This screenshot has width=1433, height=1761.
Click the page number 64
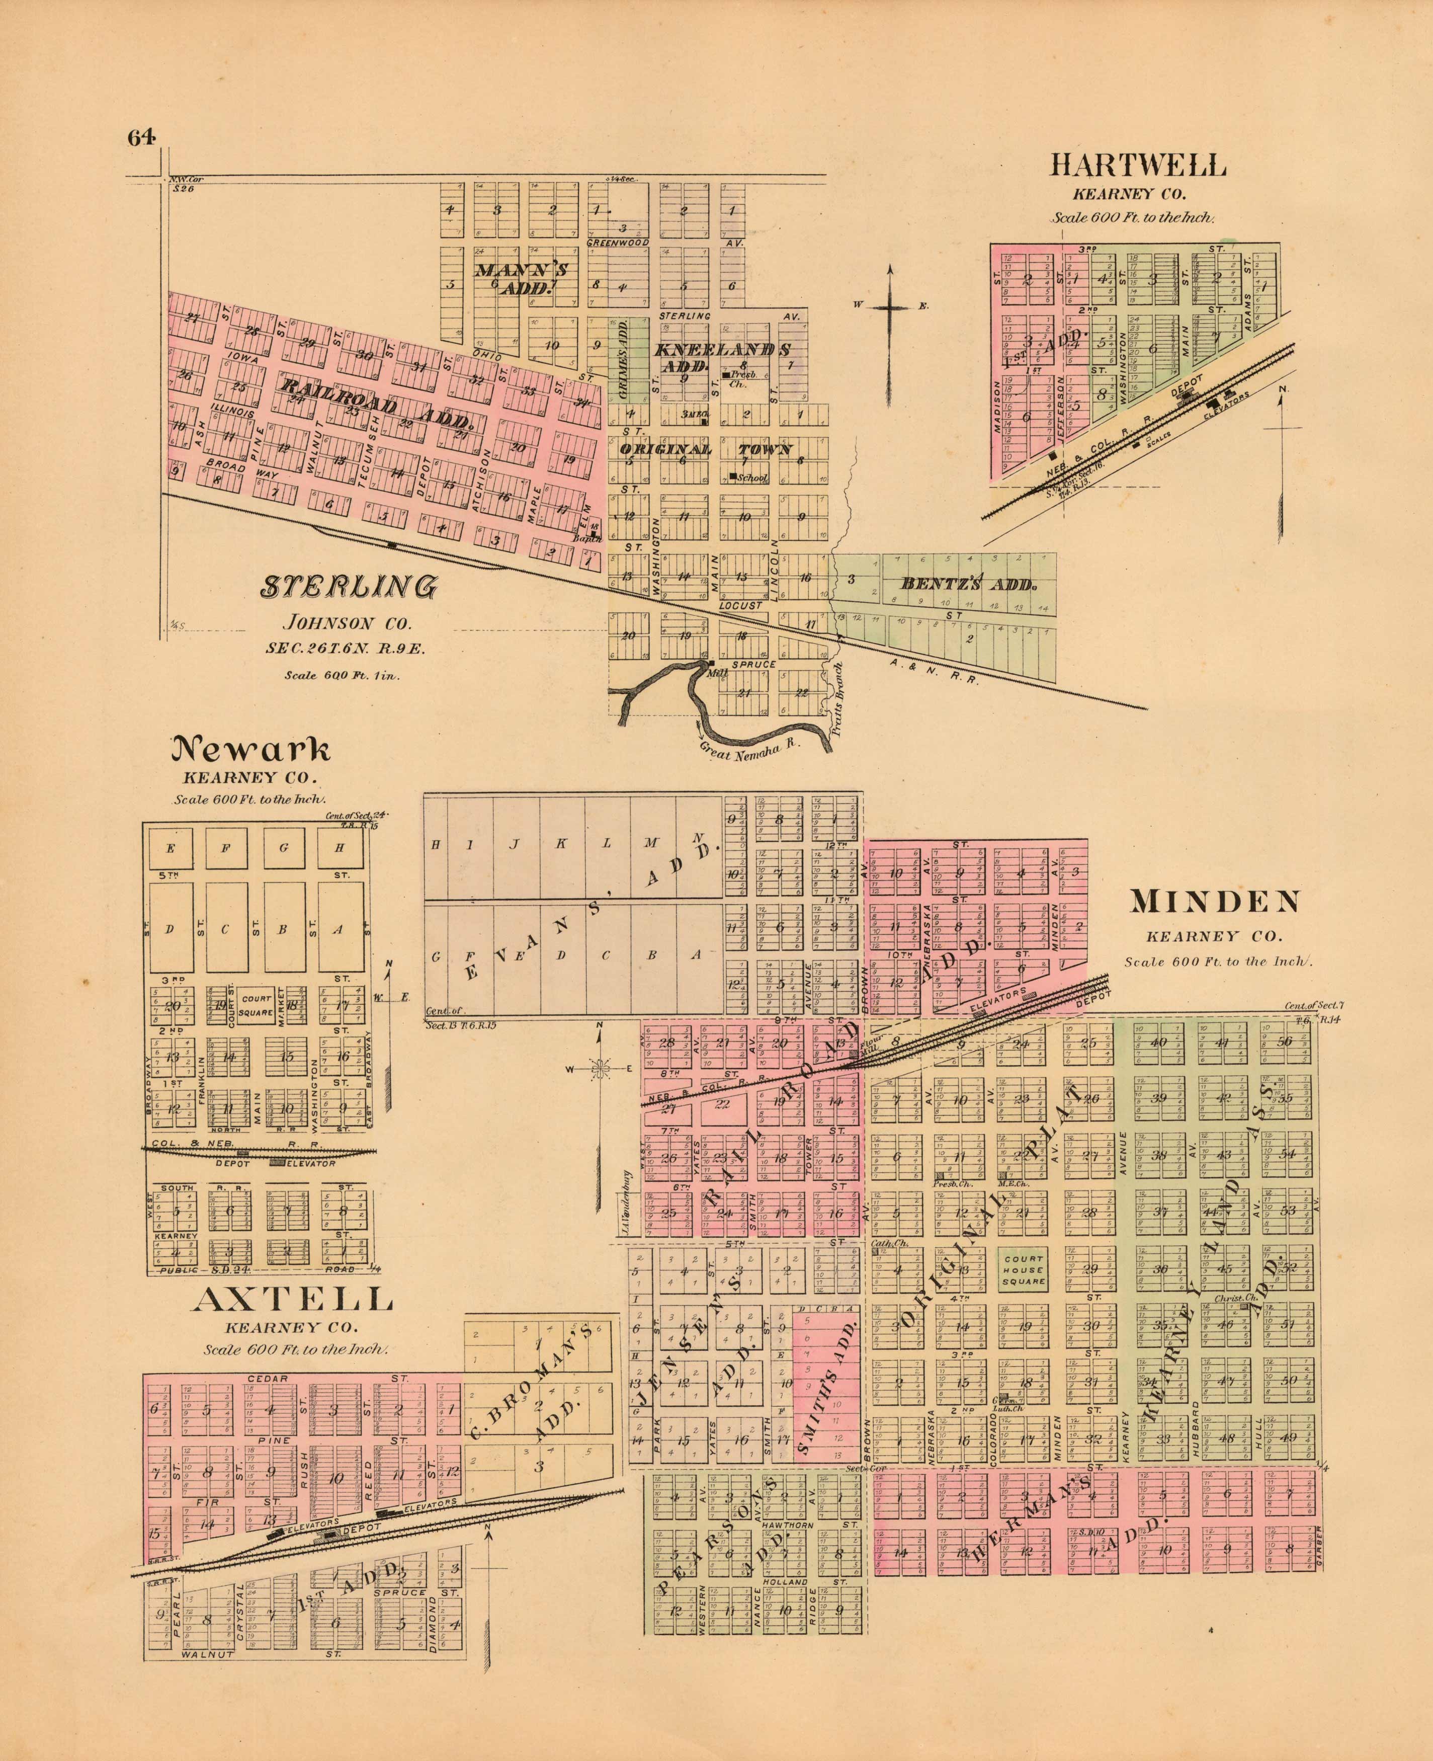pos(141,138)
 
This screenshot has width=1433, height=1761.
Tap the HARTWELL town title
pos(1137,166)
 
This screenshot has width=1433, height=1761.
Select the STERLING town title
pos(349,587)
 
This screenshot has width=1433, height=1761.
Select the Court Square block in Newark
pos(256,1005)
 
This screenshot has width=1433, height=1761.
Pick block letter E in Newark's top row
pos(171,848)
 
